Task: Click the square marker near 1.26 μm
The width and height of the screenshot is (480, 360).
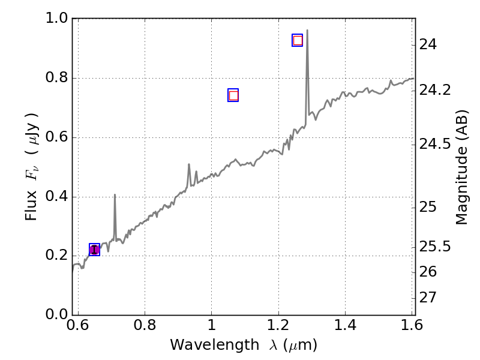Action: [x=298, y=40]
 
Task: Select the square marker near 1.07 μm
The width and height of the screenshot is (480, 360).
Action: [x=233, y=95]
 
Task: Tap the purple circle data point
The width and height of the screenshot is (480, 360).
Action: [x=94, y=250]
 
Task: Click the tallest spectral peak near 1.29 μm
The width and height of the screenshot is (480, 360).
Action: [x=307, y=31]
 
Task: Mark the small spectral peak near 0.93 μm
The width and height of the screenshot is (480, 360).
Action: [x=189, y=164]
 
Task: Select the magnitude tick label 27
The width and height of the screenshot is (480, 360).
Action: [x=430, y=298]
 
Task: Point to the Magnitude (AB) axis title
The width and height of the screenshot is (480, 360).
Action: [x=461, y=167]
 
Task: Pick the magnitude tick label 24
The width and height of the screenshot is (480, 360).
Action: [x=430, y=44]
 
